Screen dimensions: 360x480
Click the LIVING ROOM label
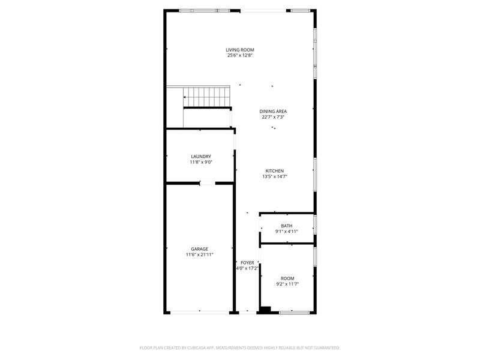[239, 49]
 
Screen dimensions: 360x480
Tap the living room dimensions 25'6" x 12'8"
[239, 55]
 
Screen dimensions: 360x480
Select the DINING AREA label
[273, 111]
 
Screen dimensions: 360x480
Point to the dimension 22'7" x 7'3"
[273, 117]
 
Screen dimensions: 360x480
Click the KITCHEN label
[275, 170]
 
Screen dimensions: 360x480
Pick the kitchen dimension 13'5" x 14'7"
[275, 176]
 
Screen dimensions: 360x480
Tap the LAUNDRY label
[201, 156]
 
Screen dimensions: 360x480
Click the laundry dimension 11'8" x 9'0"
[201, 162]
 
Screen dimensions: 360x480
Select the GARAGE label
[200, 248]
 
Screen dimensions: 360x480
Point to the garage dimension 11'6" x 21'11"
[200, 254]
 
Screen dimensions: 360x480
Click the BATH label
[287, 226]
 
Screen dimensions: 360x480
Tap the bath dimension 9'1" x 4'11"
[287, 232]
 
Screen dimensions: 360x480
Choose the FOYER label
[247, 263]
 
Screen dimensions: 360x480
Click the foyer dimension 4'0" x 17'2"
[247, 269]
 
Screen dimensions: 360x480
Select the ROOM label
[287, 278]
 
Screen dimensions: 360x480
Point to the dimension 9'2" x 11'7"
[287, 284]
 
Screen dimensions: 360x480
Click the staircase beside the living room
[206, 95]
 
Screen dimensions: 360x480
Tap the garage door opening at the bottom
[200, 312]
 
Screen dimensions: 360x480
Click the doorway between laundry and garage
[205, 183]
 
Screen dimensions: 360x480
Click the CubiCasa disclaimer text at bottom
[239, 347]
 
